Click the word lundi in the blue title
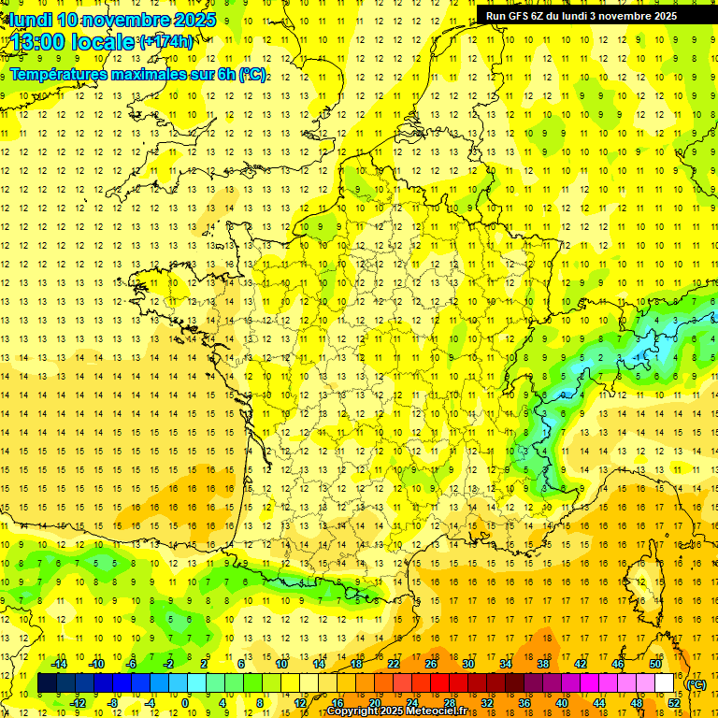click(30, 20)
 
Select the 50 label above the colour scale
click(654, 664)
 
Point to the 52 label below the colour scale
click(673, 702)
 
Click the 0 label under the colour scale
click(186, 702)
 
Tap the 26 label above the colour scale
click(431, 664)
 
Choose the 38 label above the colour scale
click(542, 664)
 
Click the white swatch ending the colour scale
click(664, 683)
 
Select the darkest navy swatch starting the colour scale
click(48, 683)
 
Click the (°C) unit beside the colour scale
click(696, 684)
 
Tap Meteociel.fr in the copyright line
click(438, 711)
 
